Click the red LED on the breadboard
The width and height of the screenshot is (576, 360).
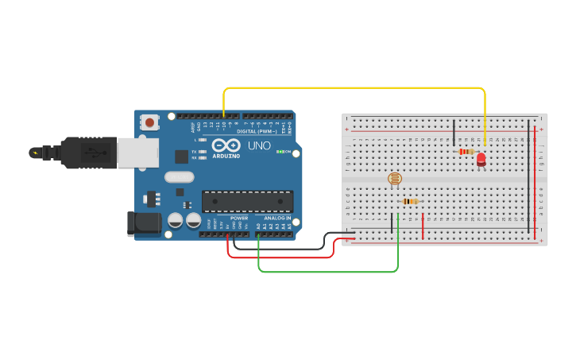tap(481, 159)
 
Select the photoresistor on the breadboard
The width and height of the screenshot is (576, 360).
tap(394, 179)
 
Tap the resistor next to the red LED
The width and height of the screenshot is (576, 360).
tap(466, 151)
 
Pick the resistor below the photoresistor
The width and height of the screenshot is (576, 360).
tap(410, 201)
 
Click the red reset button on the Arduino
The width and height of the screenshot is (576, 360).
tap(149, 122)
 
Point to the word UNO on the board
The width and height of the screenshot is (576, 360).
tap(260, 146)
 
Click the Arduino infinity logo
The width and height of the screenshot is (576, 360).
tap(226, 146)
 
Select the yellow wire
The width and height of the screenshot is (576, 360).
tap(354, 87)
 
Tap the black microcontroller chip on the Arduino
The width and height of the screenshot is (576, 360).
tap(247, 201)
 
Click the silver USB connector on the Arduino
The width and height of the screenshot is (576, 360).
tap(137, 153)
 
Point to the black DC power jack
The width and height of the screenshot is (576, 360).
tap(143, 223)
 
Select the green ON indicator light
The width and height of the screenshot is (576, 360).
tap(278, 151)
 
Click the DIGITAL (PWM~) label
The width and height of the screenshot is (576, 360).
tap(257, 131)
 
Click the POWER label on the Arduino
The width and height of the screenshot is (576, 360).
tap(239, 218)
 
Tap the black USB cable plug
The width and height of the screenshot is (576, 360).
tap(79, 153)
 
